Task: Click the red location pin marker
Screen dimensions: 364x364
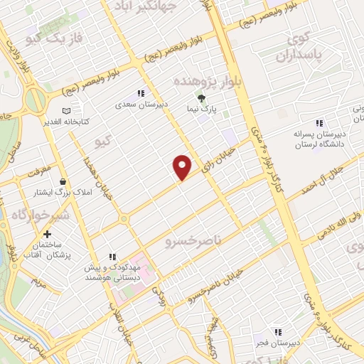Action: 183,166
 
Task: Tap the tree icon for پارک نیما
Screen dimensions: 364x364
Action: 201,99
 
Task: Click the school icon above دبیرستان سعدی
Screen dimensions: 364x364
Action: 141,93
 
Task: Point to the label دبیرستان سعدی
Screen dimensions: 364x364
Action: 141,105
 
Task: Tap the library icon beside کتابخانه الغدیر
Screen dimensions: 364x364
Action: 66,111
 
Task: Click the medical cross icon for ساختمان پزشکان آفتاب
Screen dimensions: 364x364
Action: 48,234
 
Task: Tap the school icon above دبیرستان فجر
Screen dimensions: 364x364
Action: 278,332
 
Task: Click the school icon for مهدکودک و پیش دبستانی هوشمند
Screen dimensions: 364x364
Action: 112,257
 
